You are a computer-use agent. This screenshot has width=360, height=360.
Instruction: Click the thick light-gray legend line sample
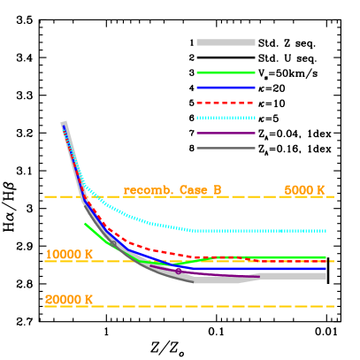(226, 42)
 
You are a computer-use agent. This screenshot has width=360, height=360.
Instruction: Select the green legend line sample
(226, 73)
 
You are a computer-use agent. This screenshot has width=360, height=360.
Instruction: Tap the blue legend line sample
(226, 88)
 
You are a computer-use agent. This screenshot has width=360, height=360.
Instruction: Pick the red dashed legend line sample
(226, 103)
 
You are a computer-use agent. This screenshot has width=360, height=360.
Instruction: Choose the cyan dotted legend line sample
(226, 118)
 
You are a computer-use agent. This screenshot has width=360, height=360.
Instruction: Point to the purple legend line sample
(226, 133)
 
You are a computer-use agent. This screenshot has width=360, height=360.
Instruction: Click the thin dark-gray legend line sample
(226, 148)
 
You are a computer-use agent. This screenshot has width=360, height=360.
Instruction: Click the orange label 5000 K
(304, 190)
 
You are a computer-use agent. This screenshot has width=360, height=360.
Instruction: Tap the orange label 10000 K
(69, 255)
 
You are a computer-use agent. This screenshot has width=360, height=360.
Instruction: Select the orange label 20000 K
(69, 300)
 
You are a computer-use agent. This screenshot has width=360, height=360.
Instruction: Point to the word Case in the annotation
(194, 190)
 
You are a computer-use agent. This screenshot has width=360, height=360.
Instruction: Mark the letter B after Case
(217, 190)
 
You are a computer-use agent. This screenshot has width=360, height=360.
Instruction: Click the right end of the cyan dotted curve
(326, 231)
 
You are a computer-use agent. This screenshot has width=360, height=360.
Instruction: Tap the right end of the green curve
(326, 257)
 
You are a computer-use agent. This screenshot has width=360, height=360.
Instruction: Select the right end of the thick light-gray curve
(326, 276)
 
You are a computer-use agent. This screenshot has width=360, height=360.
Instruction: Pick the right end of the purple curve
(259, 277)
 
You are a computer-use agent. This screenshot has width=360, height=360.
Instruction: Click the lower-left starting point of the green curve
(85, 223)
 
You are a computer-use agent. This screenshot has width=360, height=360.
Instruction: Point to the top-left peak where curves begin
(64, 123)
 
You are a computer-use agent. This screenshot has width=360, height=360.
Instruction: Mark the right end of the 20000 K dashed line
(333, 306)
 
